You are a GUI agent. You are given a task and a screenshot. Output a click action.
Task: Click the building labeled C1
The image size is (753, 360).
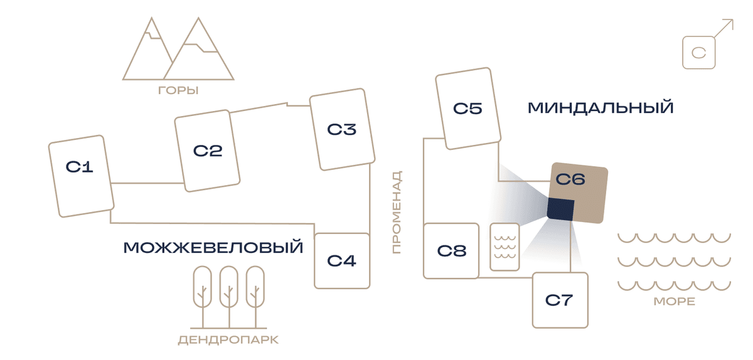click(x=82, y=176)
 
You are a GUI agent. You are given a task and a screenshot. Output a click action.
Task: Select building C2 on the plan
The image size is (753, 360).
click(x=207, y=151)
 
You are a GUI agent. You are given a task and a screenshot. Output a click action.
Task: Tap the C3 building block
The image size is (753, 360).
click(x=342, y=129)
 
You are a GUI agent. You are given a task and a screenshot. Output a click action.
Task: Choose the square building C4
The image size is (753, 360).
click(x=342, y=261)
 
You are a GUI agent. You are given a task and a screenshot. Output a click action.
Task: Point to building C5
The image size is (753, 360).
click(x=468, y=109)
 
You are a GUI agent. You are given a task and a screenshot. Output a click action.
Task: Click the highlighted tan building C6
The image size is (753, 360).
click(x=577, y=193)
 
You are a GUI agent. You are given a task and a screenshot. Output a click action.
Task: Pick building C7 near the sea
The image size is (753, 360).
click(x=560, y=300)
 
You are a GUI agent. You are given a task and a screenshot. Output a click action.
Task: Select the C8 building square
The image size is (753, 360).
click(x=451, y=251)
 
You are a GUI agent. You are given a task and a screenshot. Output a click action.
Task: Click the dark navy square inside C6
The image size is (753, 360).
click(x=560, y=209)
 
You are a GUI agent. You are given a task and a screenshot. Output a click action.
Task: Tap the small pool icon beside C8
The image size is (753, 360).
click(x=505, y=246)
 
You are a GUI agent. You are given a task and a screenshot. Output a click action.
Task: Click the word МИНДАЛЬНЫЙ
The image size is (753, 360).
click(x=601, y=108)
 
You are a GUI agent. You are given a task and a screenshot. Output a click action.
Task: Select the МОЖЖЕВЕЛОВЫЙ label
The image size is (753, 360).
click(x=213, y=247)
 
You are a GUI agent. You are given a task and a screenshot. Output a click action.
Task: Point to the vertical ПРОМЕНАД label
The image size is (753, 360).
click(x=397, y=212)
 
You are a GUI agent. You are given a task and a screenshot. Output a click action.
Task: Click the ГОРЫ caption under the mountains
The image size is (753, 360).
click(x=178, y=90)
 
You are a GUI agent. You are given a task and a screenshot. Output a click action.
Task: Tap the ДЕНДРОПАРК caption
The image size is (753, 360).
click(x=228, y=340)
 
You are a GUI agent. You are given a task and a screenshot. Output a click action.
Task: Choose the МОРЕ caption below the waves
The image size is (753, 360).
click(x=675, y=302)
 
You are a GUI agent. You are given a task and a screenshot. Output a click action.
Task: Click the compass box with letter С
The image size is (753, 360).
click(x=699, y=53)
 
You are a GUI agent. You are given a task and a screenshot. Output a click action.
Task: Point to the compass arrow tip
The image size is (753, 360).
click(x=733, y=19)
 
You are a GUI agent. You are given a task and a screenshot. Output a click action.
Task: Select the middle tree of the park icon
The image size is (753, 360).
click(x=229, y=297)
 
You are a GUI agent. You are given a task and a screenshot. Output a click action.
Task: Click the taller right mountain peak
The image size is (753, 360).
click(x=198, y=18)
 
